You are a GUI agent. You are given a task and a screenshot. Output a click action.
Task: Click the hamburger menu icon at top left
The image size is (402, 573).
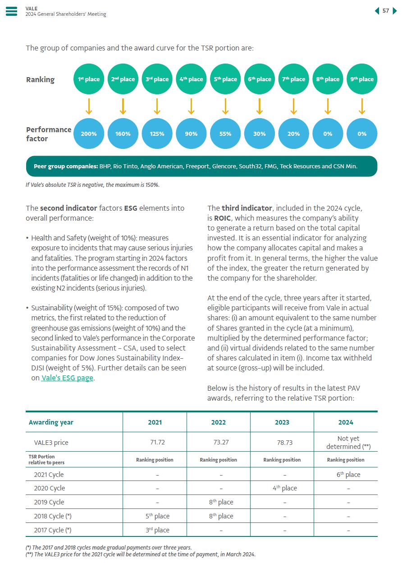tap(11, 11)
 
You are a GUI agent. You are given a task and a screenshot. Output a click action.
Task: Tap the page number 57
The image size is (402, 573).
tap(386, 11)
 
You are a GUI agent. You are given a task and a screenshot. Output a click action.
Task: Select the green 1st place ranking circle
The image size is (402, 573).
tap(89, 79)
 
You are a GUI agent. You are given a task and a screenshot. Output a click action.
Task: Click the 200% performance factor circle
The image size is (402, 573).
tap(89, 134)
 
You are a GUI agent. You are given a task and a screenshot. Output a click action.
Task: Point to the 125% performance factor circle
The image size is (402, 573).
tap(157, 134)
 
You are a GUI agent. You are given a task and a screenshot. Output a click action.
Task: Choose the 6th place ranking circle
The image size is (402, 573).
tap(260, 79)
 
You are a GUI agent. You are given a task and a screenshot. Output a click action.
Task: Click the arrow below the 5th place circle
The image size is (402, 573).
tap(225, 106)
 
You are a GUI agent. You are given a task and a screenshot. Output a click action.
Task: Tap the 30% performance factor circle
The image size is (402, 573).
tap(260, 134)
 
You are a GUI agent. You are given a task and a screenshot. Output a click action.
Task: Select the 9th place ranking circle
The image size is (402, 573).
tap(362, 79)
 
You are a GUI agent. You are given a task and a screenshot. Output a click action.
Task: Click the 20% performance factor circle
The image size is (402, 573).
tap(294, 134)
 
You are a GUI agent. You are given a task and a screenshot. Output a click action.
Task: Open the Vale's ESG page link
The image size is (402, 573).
tap(67, 378)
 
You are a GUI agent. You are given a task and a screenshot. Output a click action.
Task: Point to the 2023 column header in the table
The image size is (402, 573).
tap(282, 422)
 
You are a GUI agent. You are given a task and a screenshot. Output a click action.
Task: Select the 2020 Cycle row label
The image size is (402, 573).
tap(49, 488)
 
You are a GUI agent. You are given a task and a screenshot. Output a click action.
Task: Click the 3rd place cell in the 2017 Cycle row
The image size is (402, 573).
tap(155, 530)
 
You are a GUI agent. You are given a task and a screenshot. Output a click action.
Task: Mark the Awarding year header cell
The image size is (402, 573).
tap(51, 422)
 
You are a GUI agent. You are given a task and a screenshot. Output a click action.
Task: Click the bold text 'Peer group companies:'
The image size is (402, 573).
tap(66, 166)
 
